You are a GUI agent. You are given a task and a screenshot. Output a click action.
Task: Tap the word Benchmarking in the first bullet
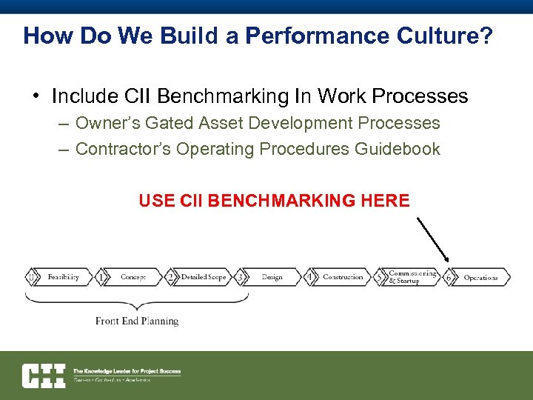[x=234, y=96]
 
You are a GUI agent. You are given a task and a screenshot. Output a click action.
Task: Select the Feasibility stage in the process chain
[x=63, y=277]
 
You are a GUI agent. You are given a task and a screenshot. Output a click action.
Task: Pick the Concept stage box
[x=133, y=277]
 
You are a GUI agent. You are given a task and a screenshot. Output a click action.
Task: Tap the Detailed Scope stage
[x=203, y=277]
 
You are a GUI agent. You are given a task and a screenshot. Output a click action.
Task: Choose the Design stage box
[x=272, y=277]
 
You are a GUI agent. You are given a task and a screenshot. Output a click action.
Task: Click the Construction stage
[x=343, y=277]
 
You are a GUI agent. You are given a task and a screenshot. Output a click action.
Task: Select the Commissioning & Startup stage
[x=412, y=277]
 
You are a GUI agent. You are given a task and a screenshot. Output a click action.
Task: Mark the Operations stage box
[x=480, y=277]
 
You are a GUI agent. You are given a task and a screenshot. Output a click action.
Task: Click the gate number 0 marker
[x=30, y=277]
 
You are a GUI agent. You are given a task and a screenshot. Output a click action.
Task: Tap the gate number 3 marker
[x=239, y=277]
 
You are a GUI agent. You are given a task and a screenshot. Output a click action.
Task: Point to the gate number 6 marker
[x=449, y=277]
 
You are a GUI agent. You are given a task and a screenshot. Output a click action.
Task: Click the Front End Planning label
[x=137, y=321]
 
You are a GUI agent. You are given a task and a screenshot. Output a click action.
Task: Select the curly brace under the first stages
[x=136, y=301]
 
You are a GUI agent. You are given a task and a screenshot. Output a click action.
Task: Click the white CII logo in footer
[x=43, y=376]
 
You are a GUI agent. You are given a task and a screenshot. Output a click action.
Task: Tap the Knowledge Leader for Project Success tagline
[x=126, y=371]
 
